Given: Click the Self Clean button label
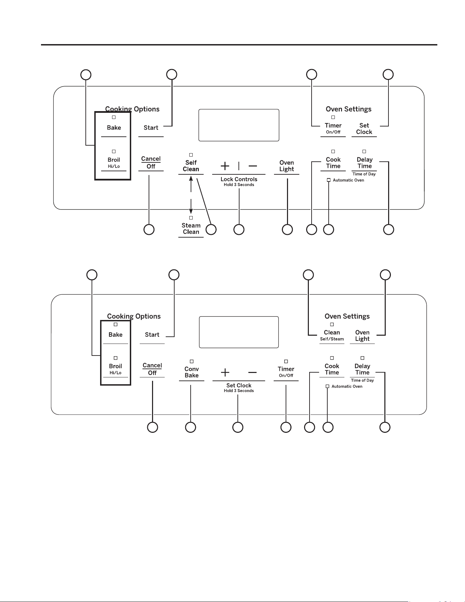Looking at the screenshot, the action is pyautogui.click(x=191, y=166).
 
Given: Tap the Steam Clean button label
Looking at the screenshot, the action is pyautogui.click(x=191, y=229).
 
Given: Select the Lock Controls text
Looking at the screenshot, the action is pyautogui.click(x=239, y=179).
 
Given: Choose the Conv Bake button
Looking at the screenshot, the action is pyautogui.click(x=192, y=372).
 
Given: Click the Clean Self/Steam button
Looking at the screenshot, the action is pyautogui.click(x=332, y=335).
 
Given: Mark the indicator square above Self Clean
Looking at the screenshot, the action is pyautogui.click(x=191, y=155).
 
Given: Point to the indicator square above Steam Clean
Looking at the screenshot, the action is pyautogui.click(x=191, y=218).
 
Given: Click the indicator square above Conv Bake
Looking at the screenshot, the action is pyautogui.click(x=192, y=361).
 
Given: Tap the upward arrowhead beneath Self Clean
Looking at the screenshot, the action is pyautogui.click(x=191, y=178).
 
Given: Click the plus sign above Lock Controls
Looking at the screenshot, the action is pyautogui.click(x=225, y=166).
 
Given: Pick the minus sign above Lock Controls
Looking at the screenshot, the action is pyautogui.click(x=253, y=166).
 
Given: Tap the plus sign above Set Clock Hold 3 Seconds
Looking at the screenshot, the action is pyautogui.click(x=225, y=372).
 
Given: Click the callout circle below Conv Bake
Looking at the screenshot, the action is pyautogui.click(x=191, y=427).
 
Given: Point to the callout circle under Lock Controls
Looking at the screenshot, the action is pyautogui.click(x=239, y=229).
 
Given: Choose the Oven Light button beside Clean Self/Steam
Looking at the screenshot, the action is pyautogui.click(x=363, y=335).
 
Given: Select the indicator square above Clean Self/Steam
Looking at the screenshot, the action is pyautogui.click(x=332, y=324).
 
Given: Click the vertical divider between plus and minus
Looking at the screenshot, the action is pyautogui.click(x=239, y=166).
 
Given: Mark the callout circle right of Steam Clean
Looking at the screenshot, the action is pyautogui.click(x=211, y=229).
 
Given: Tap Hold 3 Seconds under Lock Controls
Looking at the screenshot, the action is pyautogui.click(x=239, y=185).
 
